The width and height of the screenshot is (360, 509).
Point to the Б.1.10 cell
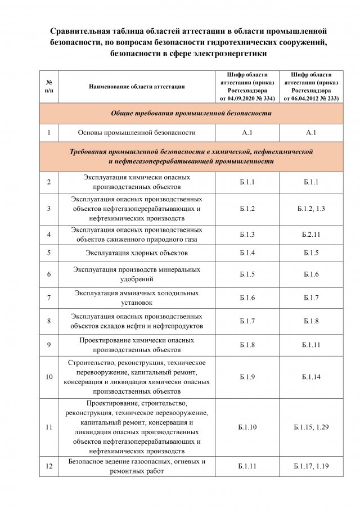[x=247, y=427]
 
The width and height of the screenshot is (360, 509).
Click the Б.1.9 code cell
[x=247, y=377]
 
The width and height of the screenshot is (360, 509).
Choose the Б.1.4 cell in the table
[x=247, y=253]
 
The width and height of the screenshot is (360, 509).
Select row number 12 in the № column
[x=49, y=466]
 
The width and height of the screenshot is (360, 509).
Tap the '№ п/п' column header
[x=49, y=87]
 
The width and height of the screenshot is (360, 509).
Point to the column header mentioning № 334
[x=247, y=87]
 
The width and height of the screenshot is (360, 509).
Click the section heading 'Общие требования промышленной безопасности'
[x=191, y=114]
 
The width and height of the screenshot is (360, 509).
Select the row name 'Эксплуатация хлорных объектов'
[x=137, y=253]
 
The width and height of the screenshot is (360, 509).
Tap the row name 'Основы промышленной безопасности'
[x=137, y=133]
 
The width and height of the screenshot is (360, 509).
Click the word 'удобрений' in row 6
[x=137, y=279]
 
